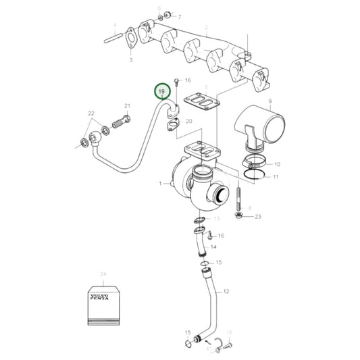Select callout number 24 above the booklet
point(103,274)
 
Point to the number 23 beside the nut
point(258,216)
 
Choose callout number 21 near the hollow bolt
point(126,106)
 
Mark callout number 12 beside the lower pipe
point(226,291)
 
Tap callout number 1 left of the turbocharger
point(161,184)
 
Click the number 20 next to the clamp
point(188,122)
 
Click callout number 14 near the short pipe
point(213,248)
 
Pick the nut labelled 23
point(239,216)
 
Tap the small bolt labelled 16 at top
point(176,82)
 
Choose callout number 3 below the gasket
point(130,60)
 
